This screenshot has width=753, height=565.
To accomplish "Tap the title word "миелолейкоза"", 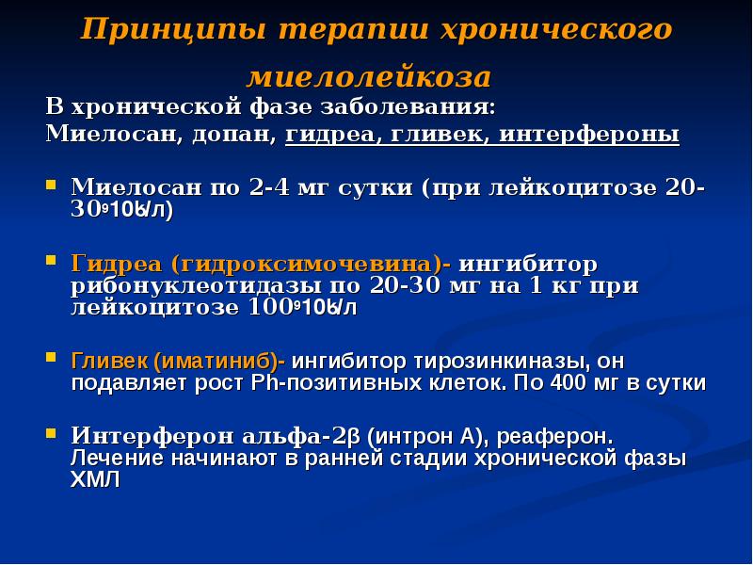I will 369,75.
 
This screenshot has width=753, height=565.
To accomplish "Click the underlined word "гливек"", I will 439,135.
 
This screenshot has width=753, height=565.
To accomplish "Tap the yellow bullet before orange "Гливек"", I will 55,359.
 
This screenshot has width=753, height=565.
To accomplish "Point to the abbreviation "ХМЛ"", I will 96,478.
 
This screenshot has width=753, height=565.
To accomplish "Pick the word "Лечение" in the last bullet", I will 110,459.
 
